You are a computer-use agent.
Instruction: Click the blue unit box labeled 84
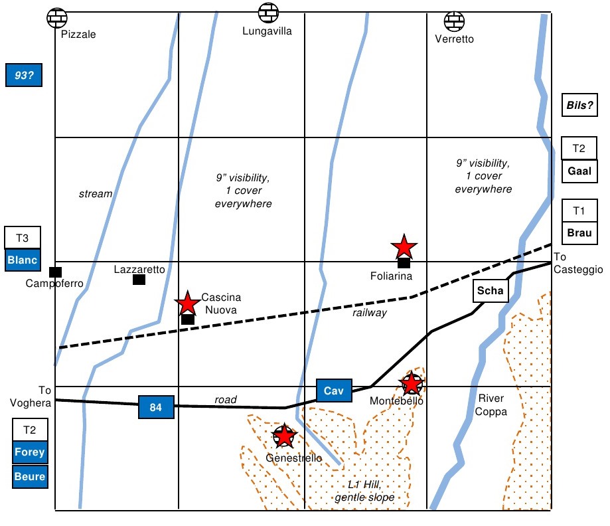click(156, 407)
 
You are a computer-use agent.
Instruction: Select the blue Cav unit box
click(334, 391)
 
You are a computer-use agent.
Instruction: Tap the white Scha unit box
click(491, 291)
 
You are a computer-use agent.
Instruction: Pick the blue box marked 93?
click(24, 75)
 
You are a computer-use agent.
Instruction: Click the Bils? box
click(579, 105)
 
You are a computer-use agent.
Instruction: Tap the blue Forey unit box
click(30, 452)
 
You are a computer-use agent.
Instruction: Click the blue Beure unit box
click(30, 476)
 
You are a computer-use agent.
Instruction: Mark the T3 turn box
click(23, 238)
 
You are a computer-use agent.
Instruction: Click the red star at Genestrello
click(284, 436)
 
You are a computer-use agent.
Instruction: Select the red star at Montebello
click(412, 383)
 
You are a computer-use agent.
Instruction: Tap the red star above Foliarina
click(404, 247)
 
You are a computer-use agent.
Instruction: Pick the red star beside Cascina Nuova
click(188, 303)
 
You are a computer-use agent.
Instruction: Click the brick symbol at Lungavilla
click(268, 13)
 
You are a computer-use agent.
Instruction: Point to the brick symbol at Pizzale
click(57, 18)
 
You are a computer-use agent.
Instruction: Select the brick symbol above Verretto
click(455, 21)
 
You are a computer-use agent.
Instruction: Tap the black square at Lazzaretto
click(139, 280)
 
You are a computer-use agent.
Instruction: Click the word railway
click(370, 313)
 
